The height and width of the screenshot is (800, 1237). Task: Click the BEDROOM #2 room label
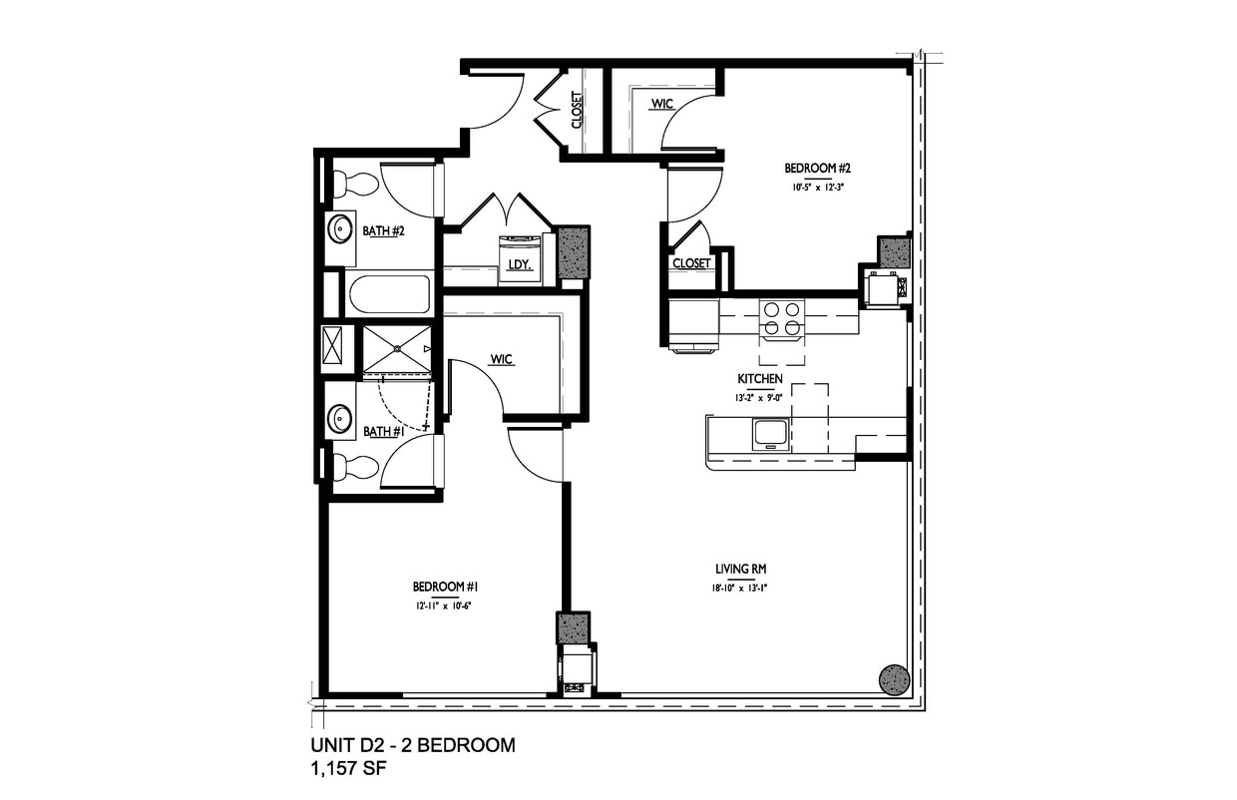pos(810,169)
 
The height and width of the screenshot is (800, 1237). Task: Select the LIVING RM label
pos(739,570)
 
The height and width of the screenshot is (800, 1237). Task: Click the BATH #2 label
pos(382,231)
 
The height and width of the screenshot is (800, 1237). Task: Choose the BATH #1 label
pos(382,432)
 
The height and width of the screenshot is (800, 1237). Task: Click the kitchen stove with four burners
pos(781,318)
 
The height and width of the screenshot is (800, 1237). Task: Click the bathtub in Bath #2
pos(388,294)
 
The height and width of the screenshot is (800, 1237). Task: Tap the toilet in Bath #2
pos(354,185)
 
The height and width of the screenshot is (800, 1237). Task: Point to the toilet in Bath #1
pos(354,467)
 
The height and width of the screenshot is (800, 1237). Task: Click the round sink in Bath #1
pos(341,418)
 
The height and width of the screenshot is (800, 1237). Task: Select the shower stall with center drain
pos(396,349)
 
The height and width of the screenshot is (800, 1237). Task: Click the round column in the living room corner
pos(894,679)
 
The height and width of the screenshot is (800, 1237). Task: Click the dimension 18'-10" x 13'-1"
pos(739,588)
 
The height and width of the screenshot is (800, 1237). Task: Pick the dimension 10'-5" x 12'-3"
pos(810,187)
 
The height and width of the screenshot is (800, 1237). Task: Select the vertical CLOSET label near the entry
pos(577,111)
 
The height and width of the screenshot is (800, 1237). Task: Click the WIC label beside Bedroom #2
pos(661,104)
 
